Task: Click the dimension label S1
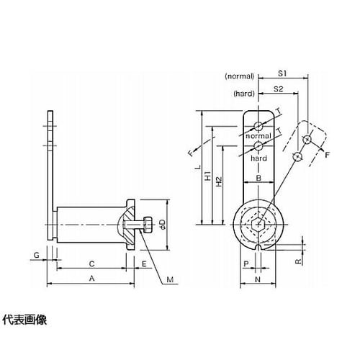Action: pyautogui.click(x=282, y=73)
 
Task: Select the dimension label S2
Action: pyautogui.click(x=279, y=89)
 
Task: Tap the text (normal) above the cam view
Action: pyautogui.click(x=239, y=76)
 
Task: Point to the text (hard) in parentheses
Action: pyautogui.click(x=244, y=94)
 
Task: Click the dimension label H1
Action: pyautogui.click(x=208, y=176)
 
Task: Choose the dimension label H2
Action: pyautogui.click(x=219, y=181)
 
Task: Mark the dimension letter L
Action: pyautogui.click(x=198, y=167)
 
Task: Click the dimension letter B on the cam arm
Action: pyautogui.click(x=258, y=178)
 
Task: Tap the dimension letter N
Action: pyautogui.click(x=258, y=279)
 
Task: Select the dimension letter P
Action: pyautogui.click(x=246, y=264)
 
